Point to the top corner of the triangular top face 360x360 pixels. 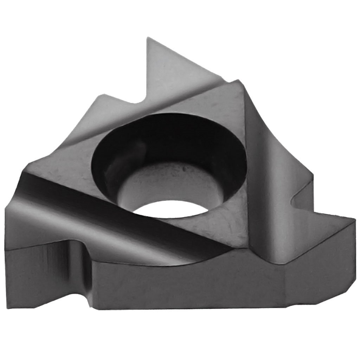pyautogui.click(x=237, y=82)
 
